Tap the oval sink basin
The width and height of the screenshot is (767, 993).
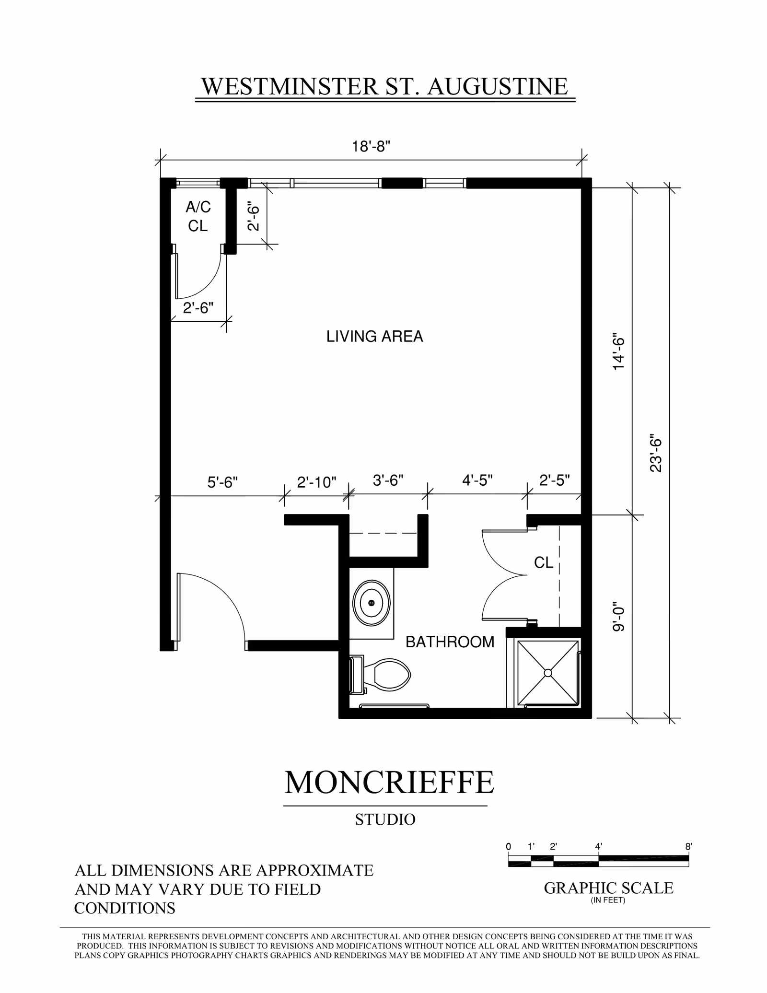[371, 603]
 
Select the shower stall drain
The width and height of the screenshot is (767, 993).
[548, 673]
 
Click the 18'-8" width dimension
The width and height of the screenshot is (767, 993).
[372, 146]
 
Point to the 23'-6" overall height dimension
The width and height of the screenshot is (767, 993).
[656, 454]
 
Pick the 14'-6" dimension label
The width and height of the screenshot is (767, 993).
[618, 352]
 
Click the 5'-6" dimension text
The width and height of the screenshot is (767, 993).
[222, 482]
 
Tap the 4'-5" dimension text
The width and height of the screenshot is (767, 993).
[477, 480]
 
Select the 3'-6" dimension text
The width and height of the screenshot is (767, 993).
[388, 480]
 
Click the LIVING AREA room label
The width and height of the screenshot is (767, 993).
[375, 337]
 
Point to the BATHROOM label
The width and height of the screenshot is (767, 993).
[450, 642]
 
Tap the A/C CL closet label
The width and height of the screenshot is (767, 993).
[198, 216]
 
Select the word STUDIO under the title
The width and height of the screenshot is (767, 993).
[385, 819]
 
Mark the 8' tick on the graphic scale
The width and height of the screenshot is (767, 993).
[688, 847]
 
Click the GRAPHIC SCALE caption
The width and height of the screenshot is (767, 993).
[608, 888]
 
